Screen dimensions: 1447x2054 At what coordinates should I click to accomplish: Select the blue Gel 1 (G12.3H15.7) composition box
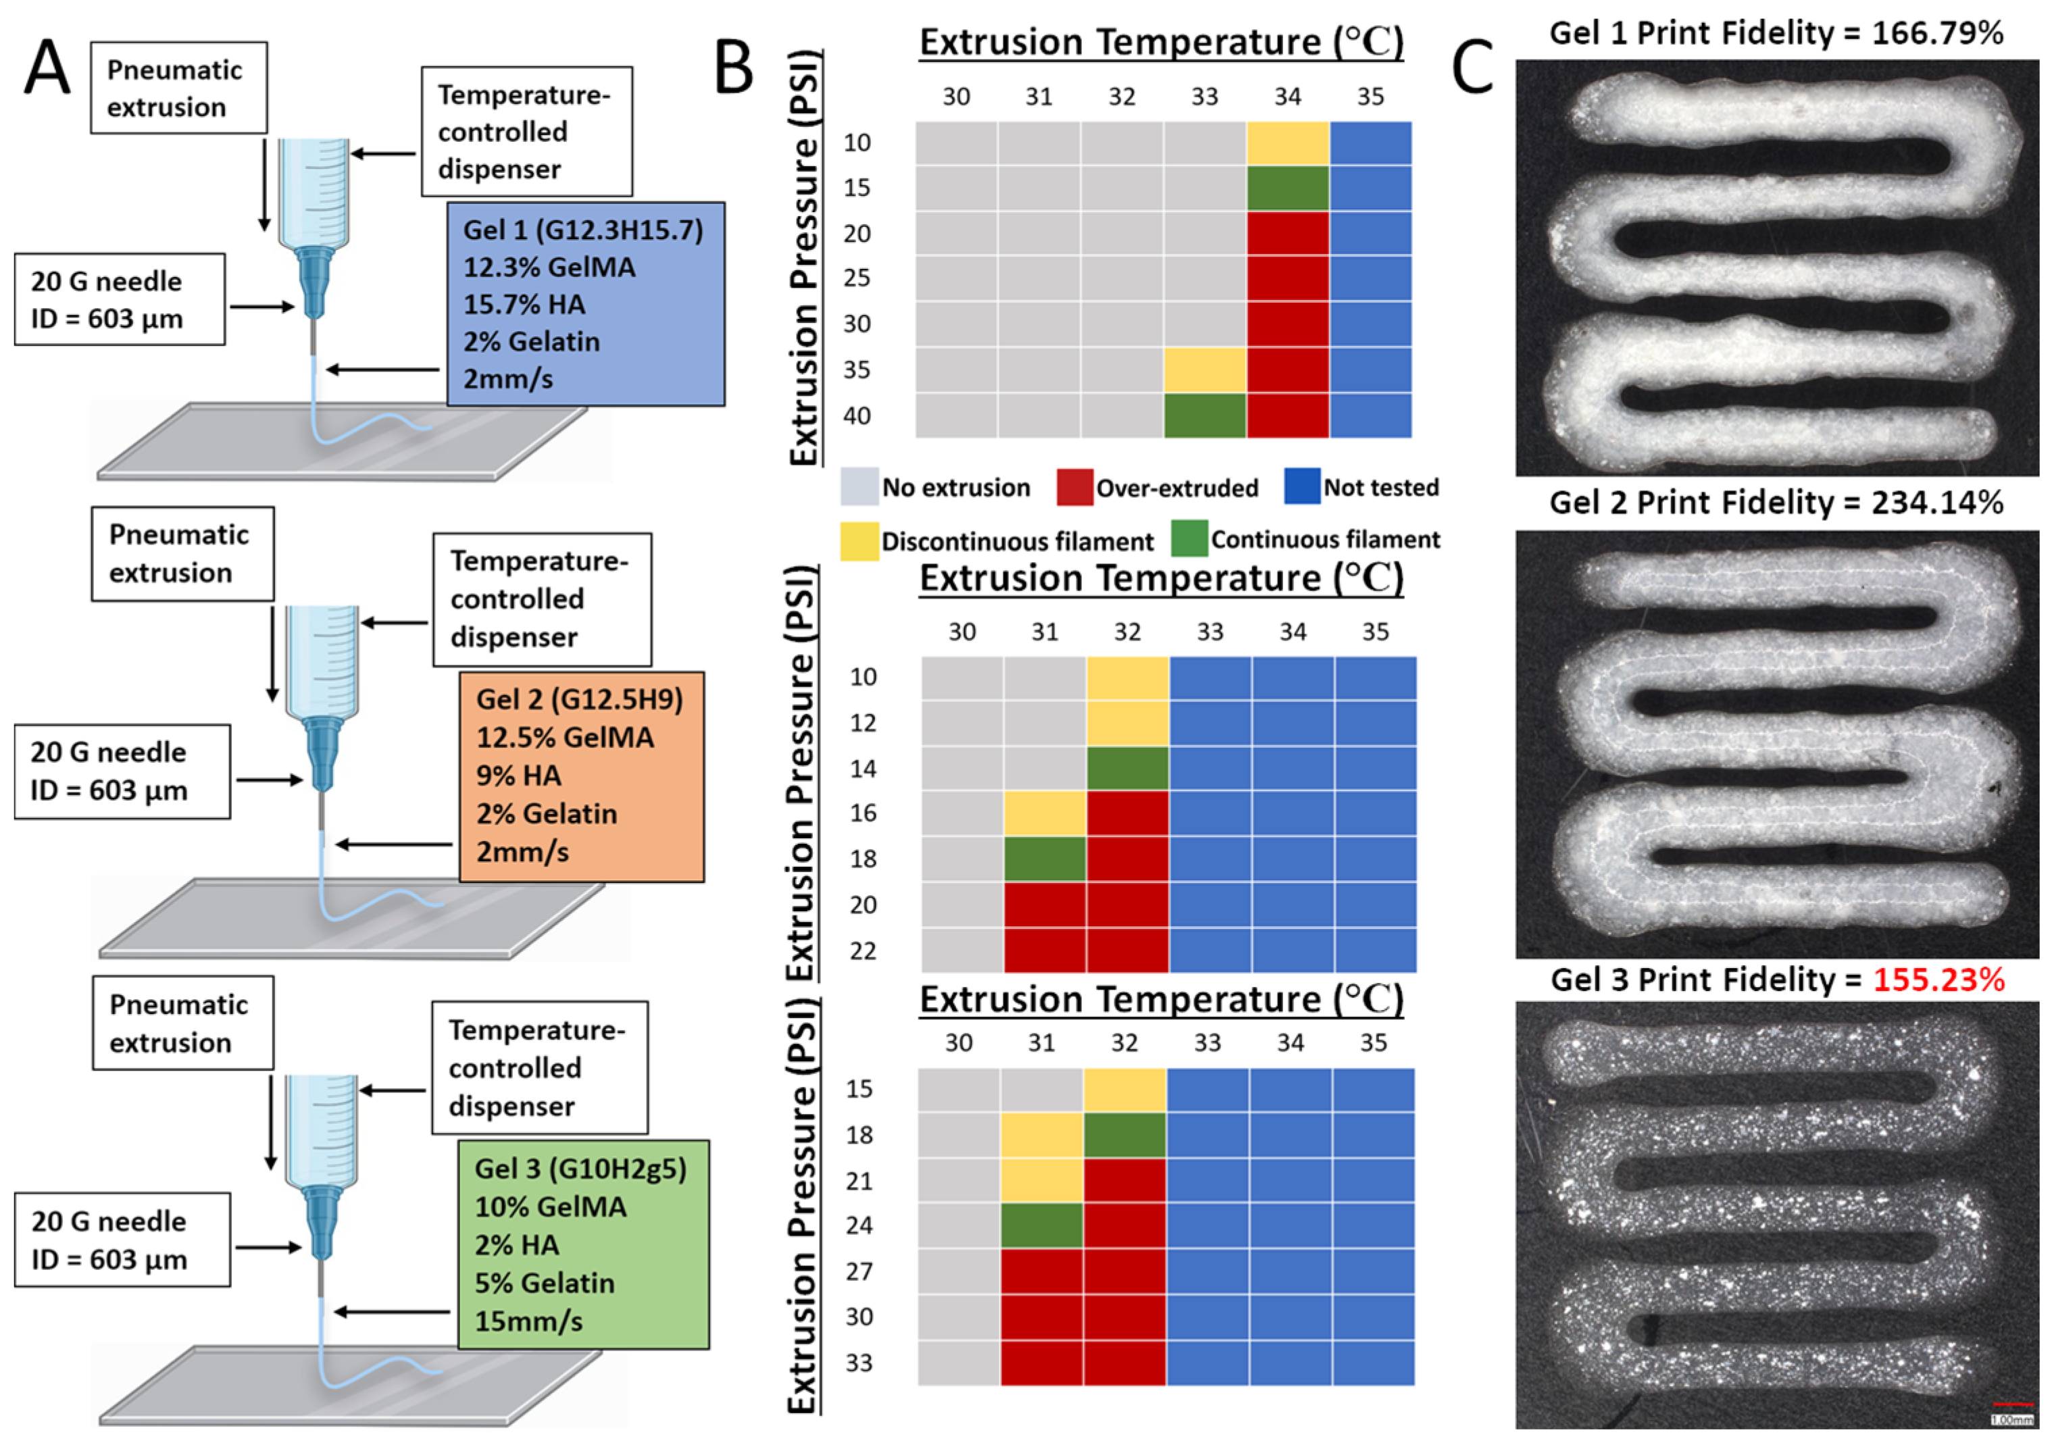[x=585, y=304]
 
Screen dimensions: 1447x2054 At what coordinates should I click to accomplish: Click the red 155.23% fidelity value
[x=1938, y=980]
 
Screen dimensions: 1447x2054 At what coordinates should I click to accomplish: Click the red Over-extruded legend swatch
[x=1074, y=488]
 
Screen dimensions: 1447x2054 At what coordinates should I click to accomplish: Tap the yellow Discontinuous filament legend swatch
[x=859, y=541]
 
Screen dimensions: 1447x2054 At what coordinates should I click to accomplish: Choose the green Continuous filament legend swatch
[x=1189, y=539]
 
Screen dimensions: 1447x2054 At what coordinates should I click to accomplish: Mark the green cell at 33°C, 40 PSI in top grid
[x=1204, y=416]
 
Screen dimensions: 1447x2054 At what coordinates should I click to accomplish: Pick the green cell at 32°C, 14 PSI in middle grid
[x=1127, y=768]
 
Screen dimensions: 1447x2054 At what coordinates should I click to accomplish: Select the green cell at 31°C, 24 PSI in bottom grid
[x=1041, y=1225]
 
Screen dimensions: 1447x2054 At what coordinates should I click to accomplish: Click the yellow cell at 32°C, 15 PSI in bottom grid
[x=1124, y=1089]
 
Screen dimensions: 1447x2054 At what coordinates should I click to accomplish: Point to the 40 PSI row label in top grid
[x=856, y=416]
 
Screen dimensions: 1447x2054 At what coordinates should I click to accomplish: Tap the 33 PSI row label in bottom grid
[x=859, y=1363]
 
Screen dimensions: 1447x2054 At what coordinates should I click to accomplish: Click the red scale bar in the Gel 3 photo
[x=2013, y=1405]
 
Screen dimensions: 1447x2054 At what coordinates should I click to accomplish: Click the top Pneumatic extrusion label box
[x=178, y=88]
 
